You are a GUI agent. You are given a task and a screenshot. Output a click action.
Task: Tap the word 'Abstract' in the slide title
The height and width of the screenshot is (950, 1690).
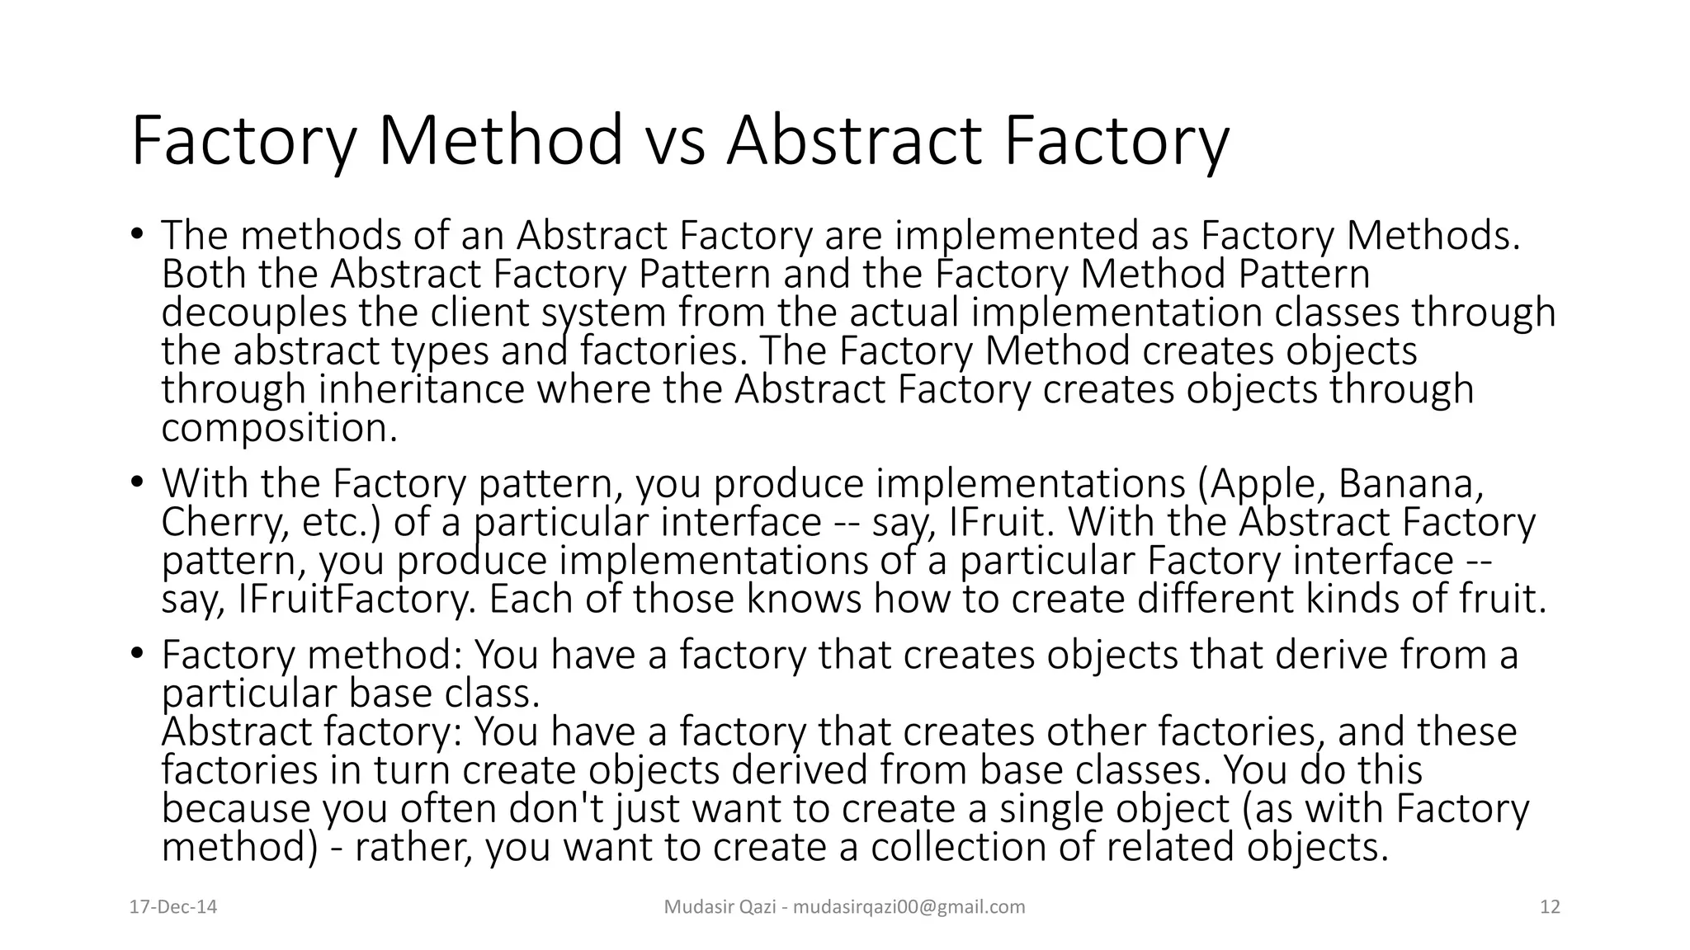854,141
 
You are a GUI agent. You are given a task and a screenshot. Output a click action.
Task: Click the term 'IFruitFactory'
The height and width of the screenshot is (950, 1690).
356,600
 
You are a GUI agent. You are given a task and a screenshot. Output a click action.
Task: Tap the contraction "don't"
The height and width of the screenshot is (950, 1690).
557,809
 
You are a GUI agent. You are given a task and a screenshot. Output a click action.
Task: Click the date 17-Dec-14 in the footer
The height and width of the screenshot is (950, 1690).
173,907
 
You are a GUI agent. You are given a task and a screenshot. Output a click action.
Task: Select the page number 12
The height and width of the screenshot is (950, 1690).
1550,907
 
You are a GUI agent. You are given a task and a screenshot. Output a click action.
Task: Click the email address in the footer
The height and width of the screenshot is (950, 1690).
909,907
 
